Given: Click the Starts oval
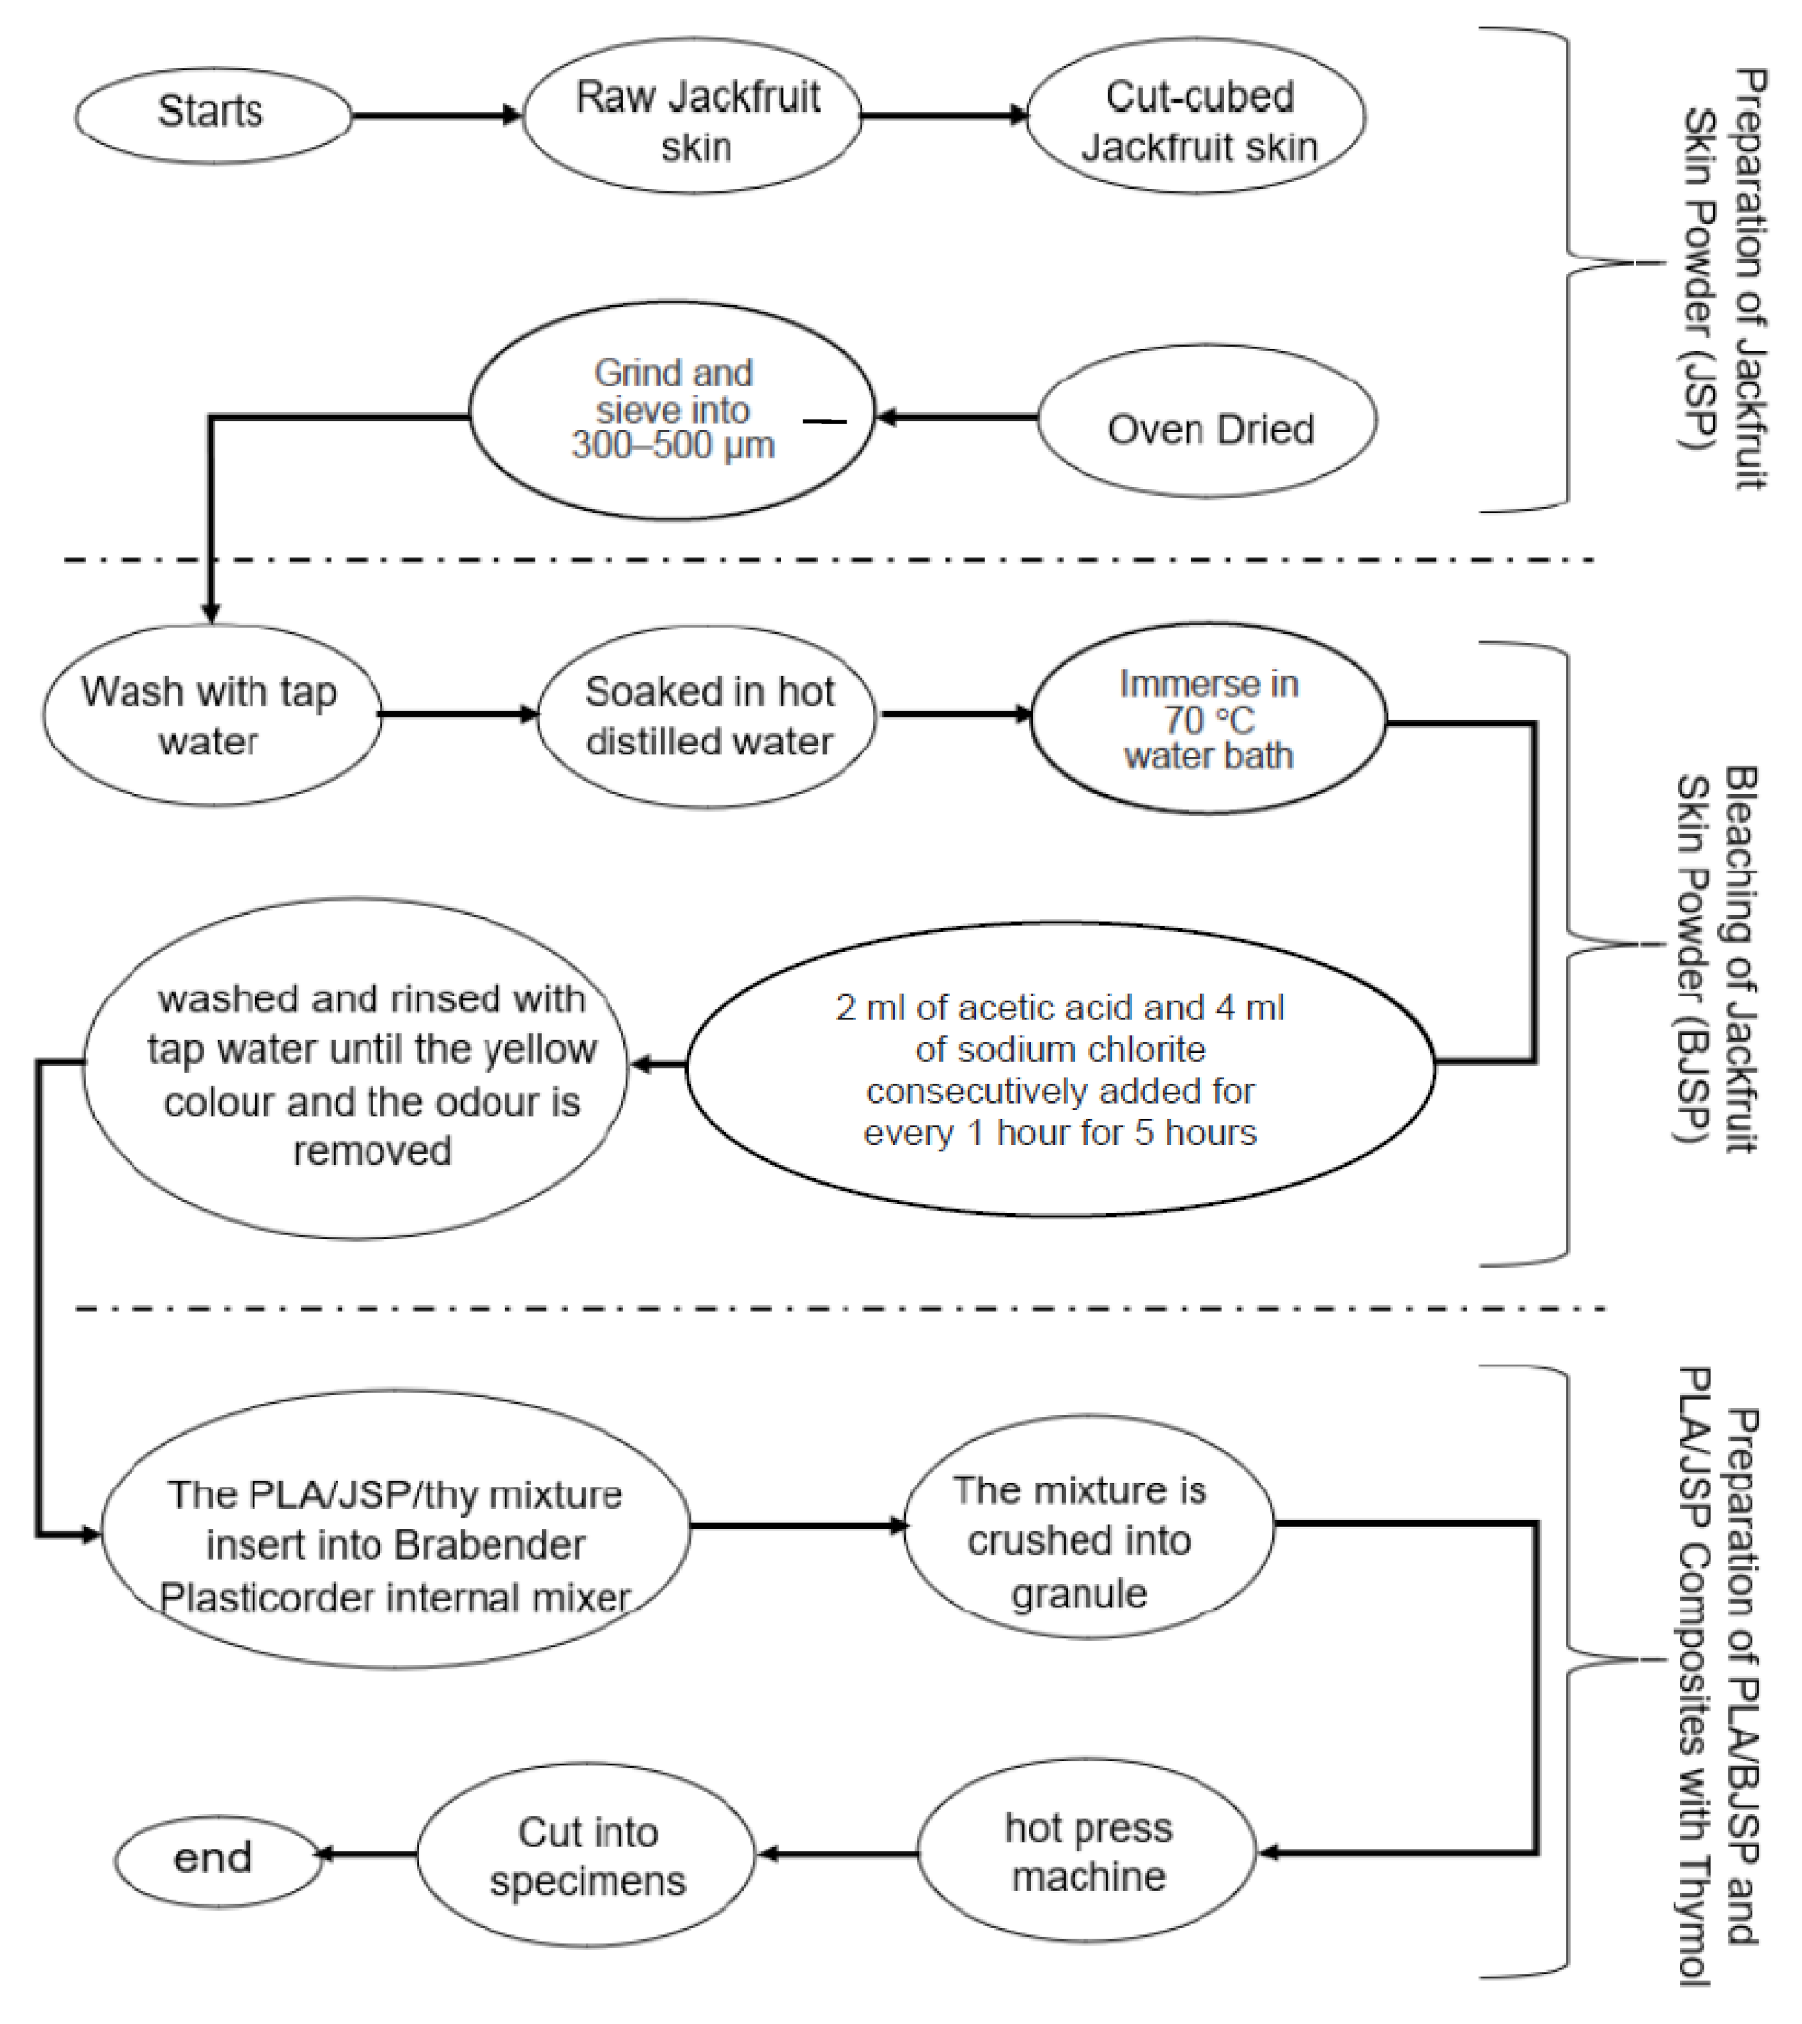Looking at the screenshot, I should click(212, 115).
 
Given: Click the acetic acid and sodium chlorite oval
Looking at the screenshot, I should click(1059, 1070).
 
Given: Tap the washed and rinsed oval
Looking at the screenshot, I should click(356, 1070).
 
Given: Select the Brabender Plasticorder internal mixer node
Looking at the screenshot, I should click(396, 1546).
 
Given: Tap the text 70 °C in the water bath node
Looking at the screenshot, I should click(1208, 720).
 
